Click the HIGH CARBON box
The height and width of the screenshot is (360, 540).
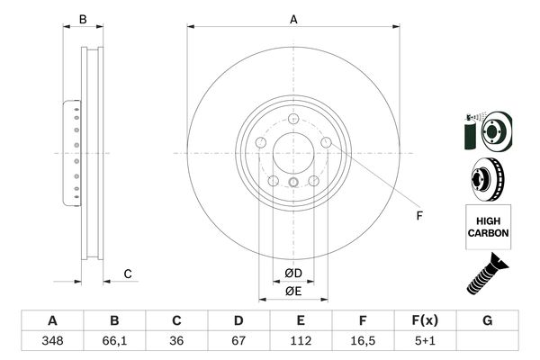tap(488, 226)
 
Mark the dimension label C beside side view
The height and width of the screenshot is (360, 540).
tap(128, 274)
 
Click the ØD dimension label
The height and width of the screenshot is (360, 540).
tap(293, 273)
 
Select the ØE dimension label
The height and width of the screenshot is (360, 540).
tap(293, 290)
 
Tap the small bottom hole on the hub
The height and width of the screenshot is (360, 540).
tap(293, 185)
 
